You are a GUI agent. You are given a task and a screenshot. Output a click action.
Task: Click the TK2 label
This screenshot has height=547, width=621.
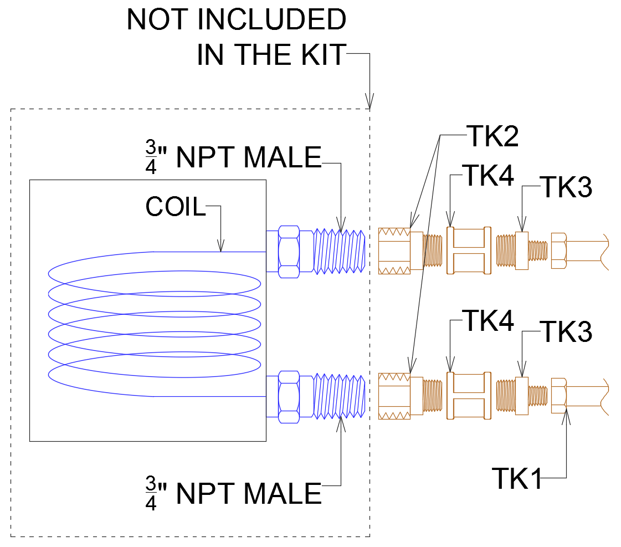pyautogui.click(x=492, y=135)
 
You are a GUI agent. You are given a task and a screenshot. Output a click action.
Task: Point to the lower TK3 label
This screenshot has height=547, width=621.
pyautogui.click(x=566, y=331)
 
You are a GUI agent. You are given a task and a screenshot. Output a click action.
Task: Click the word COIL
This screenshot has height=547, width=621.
pyautogui.click(x=175, y=207)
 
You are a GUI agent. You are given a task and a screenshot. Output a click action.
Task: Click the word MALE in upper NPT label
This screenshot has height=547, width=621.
pyautogui.click(x=283, y=158)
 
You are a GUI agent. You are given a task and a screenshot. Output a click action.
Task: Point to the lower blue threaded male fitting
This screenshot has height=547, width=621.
pyautogui.click(x=339, y=395)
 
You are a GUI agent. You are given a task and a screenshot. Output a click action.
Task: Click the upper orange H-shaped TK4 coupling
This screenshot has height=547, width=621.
pyautogui.click(x=469, y=250)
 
